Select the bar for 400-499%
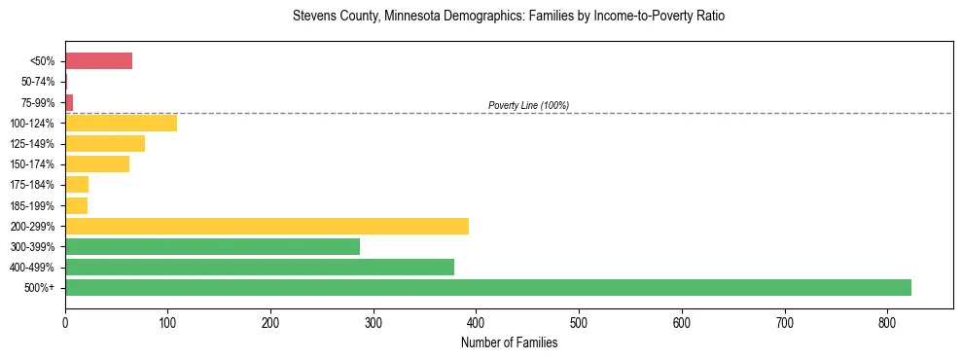click(260, 267)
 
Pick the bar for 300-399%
click(212, 246)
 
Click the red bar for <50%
click(98, 61)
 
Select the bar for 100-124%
click(121, 123)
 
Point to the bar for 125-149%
click(105, 144)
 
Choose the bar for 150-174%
click(97, 164)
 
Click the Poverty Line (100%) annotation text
click(528, 105)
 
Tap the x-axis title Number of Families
click(509, 342)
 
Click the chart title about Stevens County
click(509, 17)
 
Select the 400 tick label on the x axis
click(476, 322)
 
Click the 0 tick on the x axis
click(65, 322)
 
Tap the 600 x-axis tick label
click(681, 322)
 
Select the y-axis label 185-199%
click(37, 205)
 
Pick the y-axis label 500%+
click(42, 288)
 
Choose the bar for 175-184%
click(77, 185)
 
